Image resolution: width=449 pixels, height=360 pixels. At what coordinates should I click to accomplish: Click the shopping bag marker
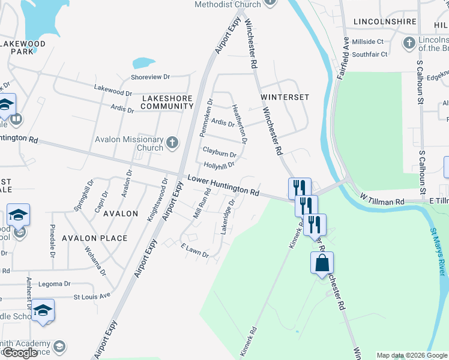point(322,263)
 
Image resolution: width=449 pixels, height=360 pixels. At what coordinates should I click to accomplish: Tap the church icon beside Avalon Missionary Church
point(173,143)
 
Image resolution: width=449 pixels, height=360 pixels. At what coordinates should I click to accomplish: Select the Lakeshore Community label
point(167,102)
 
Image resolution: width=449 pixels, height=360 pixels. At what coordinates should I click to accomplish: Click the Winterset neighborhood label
point(285,97)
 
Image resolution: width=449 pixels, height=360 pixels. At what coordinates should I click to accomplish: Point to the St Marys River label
point(439,252)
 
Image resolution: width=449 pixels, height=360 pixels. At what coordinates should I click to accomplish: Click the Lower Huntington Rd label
point(223,185)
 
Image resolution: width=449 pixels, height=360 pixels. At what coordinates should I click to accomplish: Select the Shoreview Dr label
point(151,77)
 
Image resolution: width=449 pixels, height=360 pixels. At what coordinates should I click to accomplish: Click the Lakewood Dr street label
point(113,90)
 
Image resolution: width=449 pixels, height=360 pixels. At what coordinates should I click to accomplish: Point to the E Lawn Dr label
point(194,251)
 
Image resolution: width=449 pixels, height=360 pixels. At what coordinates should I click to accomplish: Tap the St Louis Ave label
point(92,296)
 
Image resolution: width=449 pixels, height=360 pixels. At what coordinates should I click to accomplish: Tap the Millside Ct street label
point(367,41)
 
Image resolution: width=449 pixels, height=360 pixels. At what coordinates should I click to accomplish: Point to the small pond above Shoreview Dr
point(143,62)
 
